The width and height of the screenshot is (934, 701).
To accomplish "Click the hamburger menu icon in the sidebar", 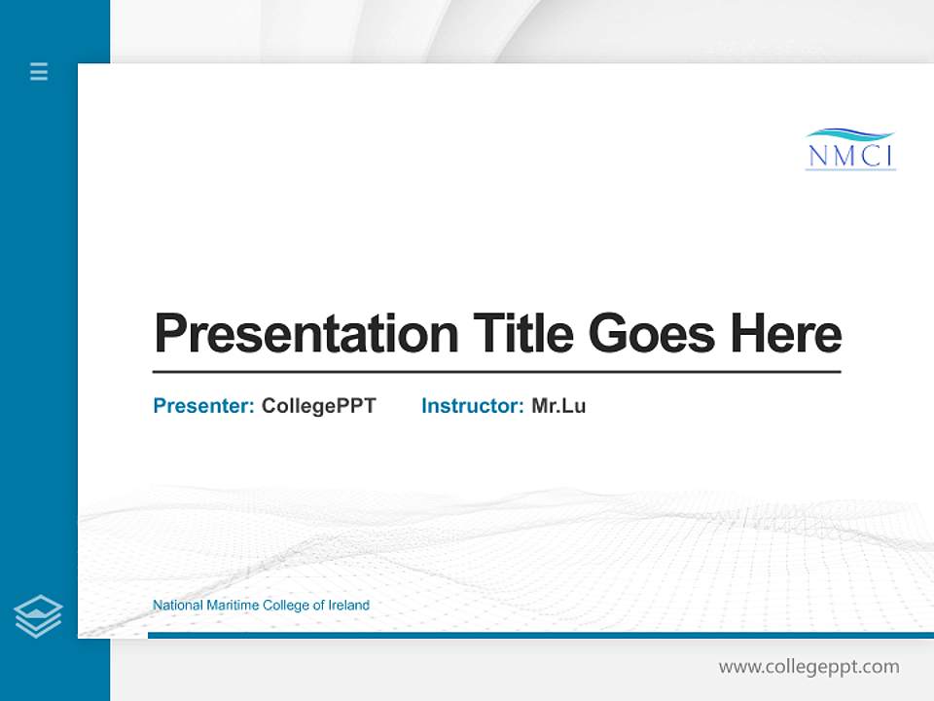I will coord(39,71).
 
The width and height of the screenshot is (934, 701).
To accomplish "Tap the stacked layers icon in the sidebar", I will coord(38,616).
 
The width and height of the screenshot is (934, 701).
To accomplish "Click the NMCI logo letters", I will coord(851,156).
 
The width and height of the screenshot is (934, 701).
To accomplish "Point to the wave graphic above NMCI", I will coord(850,134).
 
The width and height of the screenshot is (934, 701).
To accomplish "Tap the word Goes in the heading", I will coord(653,334).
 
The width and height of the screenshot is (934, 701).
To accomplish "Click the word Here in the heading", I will coord(786,334).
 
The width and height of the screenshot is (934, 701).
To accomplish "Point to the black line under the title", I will coord(496,372).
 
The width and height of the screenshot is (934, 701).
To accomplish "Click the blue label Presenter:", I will coord(203,406).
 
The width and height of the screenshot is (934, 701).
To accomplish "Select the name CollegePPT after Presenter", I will coord(319,406).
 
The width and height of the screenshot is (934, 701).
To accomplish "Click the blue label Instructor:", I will coord(472,406).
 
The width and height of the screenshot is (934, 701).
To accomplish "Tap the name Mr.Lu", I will coord(558,406).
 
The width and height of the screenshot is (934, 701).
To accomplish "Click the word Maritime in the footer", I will coord(233,606).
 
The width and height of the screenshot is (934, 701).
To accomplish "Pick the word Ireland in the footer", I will coord(348,606).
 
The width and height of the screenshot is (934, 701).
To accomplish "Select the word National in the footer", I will coord(178,606).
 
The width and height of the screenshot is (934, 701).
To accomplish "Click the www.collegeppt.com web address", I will coord(808,667).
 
